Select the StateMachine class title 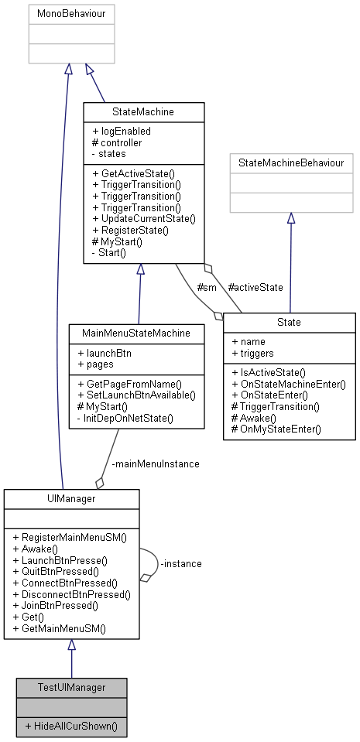click(143, 112)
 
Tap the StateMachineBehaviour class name click(290, 163)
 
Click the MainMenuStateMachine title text click(136, 333)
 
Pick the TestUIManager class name click(71, 687)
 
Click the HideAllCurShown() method click(71, 727)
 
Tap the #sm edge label click(206, 287)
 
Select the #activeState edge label click(255, 287)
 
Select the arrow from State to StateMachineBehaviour click(290, 263)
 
